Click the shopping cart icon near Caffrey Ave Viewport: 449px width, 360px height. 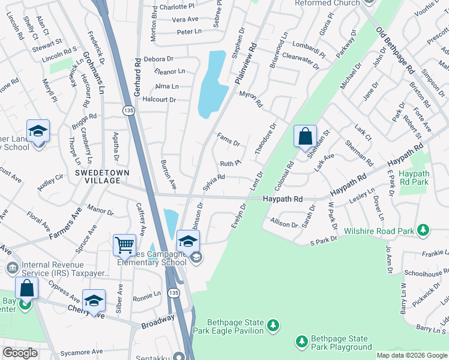tap(124, 244)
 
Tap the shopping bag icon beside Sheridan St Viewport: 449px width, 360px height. tap(305, 136)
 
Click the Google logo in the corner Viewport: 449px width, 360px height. tap(20, 352)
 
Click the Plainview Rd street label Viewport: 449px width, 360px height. tap(246, 64)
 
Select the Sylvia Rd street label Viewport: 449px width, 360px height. tap(213, 182)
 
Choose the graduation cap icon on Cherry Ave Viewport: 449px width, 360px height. tap(94, 300)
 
